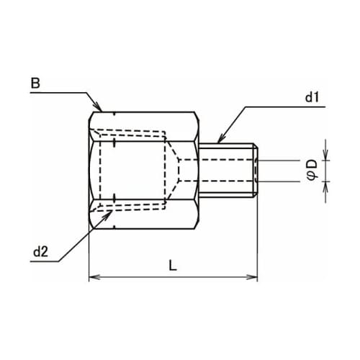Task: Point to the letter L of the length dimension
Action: [x=172, y=265]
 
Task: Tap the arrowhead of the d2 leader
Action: [x=107, y=208]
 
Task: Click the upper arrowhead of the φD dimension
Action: [x=325, y=156]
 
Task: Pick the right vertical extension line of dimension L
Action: [x=258, y=238]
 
